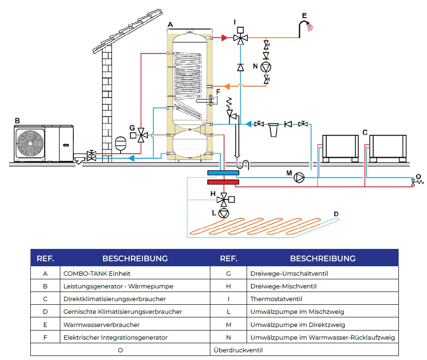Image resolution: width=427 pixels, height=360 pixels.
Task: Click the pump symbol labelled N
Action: point(266,67)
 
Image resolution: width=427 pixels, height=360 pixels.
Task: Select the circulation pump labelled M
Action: point(299,178)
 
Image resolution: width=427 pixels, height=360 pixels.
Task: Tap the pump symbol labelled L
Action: point(224,213)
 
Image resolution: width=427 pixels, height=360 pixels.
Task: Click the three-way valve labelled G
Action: point(141,135)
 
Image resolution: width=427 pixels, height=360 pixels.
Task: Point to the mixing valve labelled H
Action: point(224,200)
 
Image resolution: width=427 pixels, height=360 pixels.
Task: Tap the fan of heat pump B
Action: point(30,144)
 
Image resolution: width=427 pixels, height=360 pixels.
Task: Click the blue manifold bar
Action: point(223,173)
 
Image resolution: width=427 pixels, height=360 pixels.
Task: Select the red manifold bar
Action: point(223,182)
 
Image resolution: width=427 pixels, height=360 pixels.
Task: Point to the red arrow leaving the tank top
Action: point(224,38)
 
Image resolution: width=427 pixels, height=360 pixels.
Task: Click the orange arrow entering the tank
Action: point(227,87)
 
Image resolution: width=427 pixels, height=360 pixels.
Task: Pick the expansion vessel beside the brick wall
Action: point(121,143)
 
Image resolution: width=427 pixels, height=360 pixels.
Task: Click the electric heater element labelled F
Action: point(208,101)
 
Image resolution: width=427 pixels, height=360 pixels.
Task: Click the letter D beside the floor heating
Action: point(336,214)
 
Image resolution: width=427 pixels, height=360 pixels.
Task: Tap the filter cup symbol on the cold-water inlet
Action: point(273,130)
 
